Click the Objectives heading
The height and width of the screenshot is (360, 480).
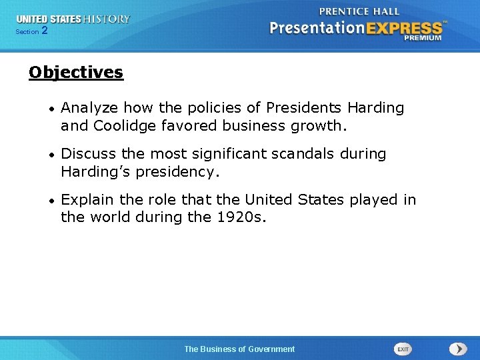pyautogui.click(x=76, y=72)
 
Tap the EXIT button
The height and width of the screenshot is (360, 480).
pyautogui.click(x=403, y=349)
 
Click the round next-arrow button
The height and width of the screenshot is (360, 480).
pyautogui.click(x=458, y=349)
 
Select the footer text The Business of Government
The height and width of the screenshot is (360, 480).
pyautogui.click(x=239, y=349)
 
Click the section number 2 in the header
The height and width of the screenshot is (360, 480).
pyautogui.click(x=45, y=31)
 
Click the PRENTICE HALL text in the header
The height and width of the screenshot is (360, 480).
pyautogui.click(x=359, y=11)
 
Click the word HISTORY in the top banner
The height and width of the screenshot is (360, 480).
pyautogui.click(x=105, y=19)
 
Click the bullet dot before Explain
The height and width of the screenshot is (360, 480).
pyautogui.click(x=51, y=201)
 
